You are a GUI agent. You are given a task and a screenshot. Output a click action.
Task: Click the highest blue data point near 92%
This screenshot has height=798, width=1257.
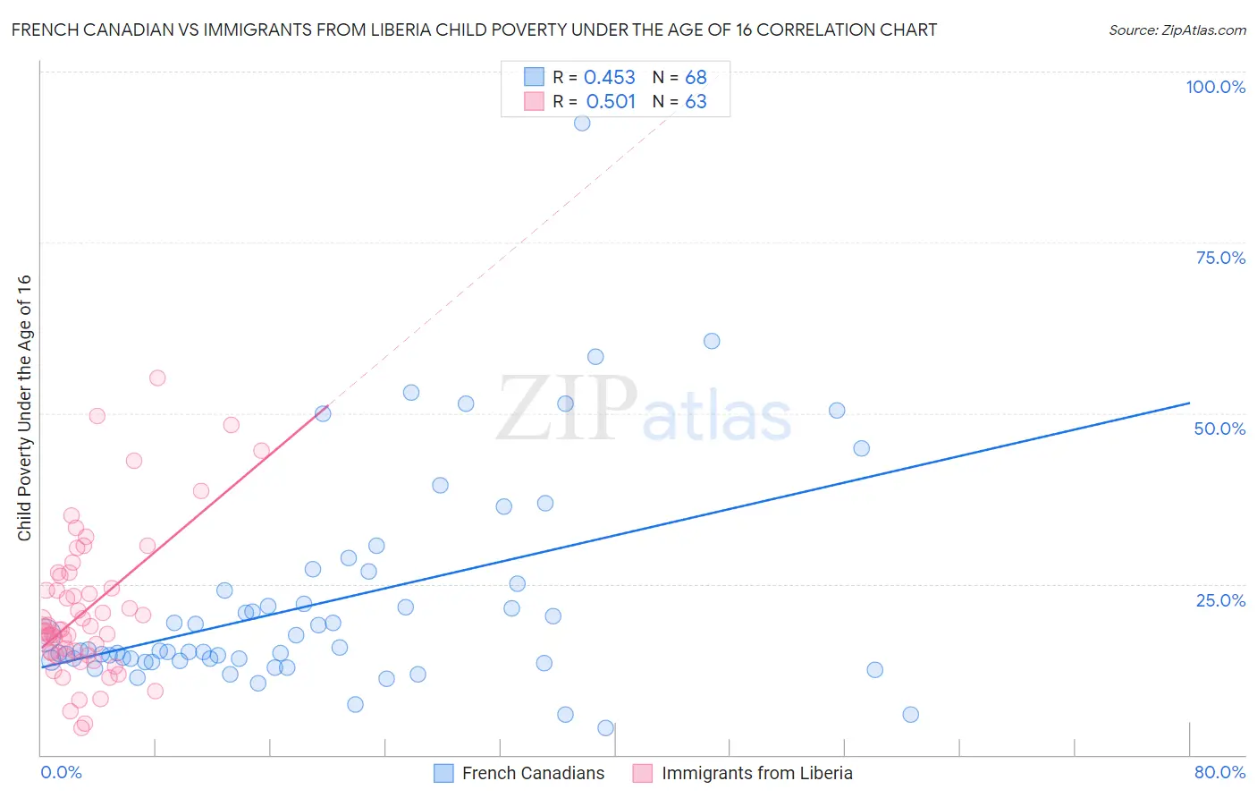click(582, 123)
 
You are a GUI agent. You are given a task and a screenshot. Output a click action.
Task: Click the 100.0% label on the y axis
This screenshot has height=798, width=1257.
click(1215, 87)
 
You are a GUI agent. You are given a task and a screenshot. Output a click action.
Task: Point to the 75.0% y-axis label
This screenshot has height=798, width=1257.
click(1220, 258)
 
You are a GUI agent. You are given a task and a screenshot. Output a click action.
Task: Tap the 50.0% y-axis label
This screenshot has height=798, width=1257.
click(1219, 429)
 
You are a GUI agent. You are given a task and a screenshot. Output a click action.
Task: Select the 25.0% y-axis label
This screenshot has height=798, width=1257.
click(1220, 600)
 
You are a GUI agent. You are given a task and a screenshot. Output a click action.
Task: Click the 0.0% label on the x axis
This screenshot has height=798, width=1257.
click(61, 772)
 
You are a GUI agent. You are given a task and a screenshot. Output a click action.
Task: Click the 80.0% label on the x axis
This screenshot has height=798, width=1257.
click(1219, 772)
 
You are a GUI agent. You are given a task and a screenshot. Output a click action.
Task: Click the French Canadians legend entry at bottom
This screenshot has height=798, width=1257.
click(533, 773)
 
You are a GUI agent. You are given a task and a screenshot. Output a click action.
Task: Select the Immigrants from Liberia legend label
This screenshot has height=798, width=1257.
click(756, 773)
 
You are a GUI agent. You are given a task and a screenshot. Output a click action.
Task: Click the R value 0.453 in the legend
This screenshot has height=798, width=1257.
click(609, 78)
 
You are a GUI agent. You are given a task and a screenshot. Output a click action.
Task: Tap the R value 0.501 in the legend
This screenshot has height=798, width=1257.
click(611, 102)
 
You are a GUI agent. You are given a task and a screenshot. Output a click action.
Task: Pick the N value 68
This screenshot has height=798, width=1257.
click(696, 78)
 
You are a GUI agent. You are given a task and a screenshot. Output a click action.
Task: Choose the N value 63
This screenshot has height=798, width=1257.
click(696, 102)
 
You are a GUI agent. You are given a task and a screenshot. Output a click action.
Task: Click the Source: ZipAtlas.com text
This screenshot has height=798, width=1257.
click(1177, 30)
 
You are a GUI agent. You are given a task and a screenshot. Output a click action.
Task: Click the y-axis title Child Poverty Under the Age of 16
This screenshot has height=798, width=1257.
click(25, 408)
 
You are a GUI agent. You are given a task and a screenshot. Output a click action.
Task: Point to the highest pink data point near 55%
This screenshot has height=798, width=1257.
click(157, 378)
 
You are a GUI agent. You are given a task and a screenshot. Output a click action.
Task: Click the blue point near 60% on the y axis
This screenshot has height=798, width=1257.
click(712, 341)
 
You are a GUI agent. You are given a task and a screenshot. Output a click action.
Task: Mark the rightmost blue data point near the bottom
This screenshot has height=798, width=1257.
click(910, 714)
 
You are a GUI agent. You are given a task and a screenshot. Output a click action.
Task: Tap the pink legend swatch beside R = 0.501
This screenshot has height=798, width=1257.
click(534, 101)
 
